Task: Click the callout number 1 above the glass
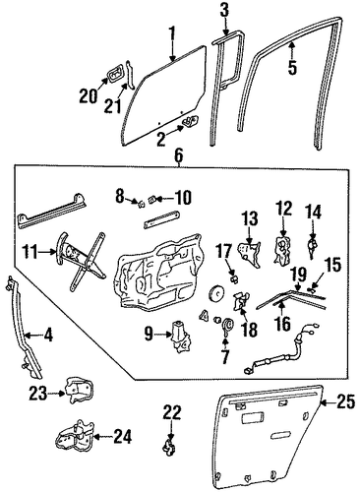172,35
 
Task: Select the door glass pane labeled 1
164,95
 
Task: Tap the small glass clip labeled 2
190,122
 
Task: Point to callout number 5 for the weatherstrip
292,67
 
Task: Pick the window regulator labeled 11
81,261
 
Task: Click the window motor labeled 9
180,337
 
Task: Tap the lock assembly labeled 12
281,249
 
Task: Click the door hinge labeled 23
80,390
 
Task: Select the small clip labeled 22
170,446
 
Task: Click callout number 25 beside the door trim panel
345,402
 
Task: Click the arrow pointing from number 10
162,199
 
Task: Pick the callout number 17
225,251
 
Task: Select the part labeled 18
241,300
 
